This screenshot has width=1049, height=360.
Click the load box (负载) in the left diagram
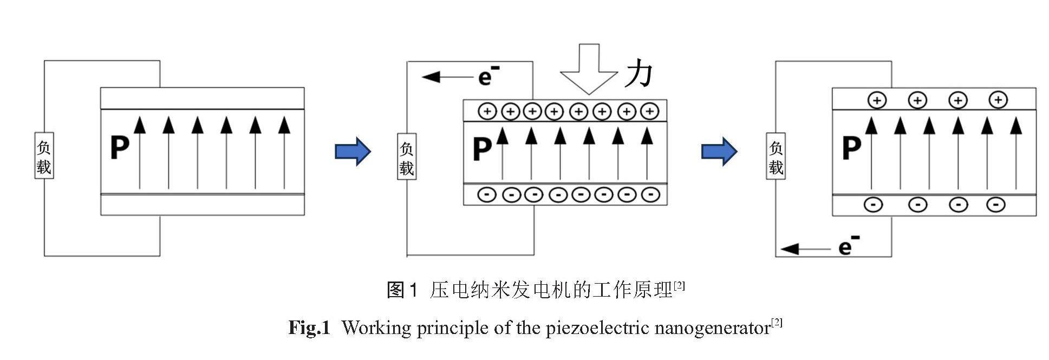[44, 156]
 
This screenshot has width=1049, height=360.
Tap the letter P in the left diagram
[119, 147]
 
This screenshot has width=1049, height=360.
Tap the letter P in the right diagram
[851, 147]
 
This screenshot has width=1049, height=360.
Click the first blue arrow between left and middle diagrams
[353, 151]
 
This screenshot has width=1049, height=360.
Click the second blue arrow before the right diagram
[719, 151]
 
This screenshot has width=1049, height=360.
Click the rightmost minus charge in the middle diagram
[650, 194]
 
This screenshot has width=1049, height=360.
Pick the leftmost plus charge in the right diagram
[877, 100]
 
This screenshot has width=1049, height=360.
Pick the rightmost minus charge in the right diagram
[996, 205]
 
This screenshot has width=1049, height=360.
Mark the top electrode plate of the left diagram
[202, 99]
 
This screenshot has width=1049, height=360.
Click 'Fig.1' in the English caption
[309, 328]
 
